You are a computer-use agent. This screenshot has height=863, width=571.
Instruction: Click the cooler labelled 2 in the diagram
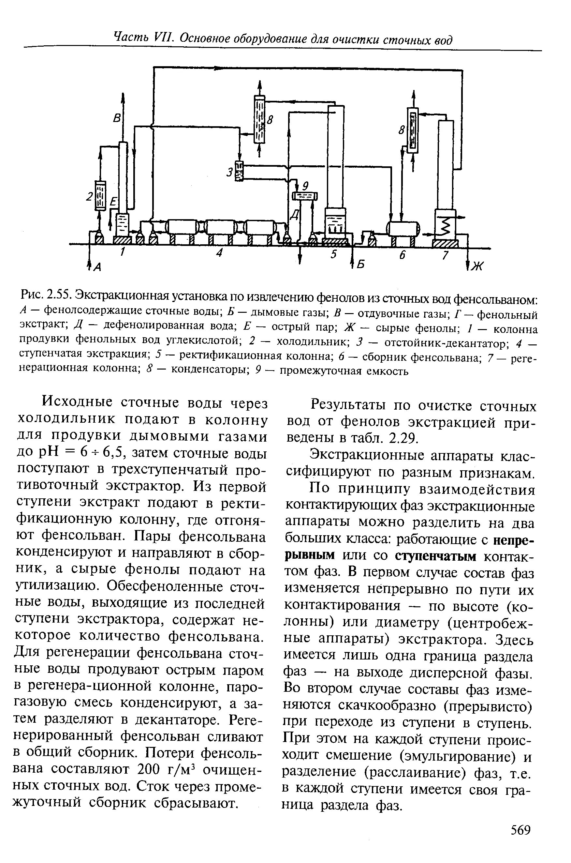pyautogui.click(x=99, y=196)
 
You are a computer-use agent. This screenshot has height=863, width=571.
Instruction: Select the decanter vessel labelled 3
pyautogui.click(x=239, y=171)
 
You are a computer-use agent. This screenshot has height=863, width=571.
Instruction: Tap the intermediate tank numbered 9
pyautogui.click(x=305, y=196)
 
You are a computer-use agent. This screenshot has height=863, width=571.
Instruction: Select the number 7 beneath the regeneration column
pyautogui.click(x=444, y=255)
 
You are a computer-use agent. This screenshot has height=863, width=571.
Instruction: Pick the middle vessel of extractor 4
pyautogui.click(x=220, y=228)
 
